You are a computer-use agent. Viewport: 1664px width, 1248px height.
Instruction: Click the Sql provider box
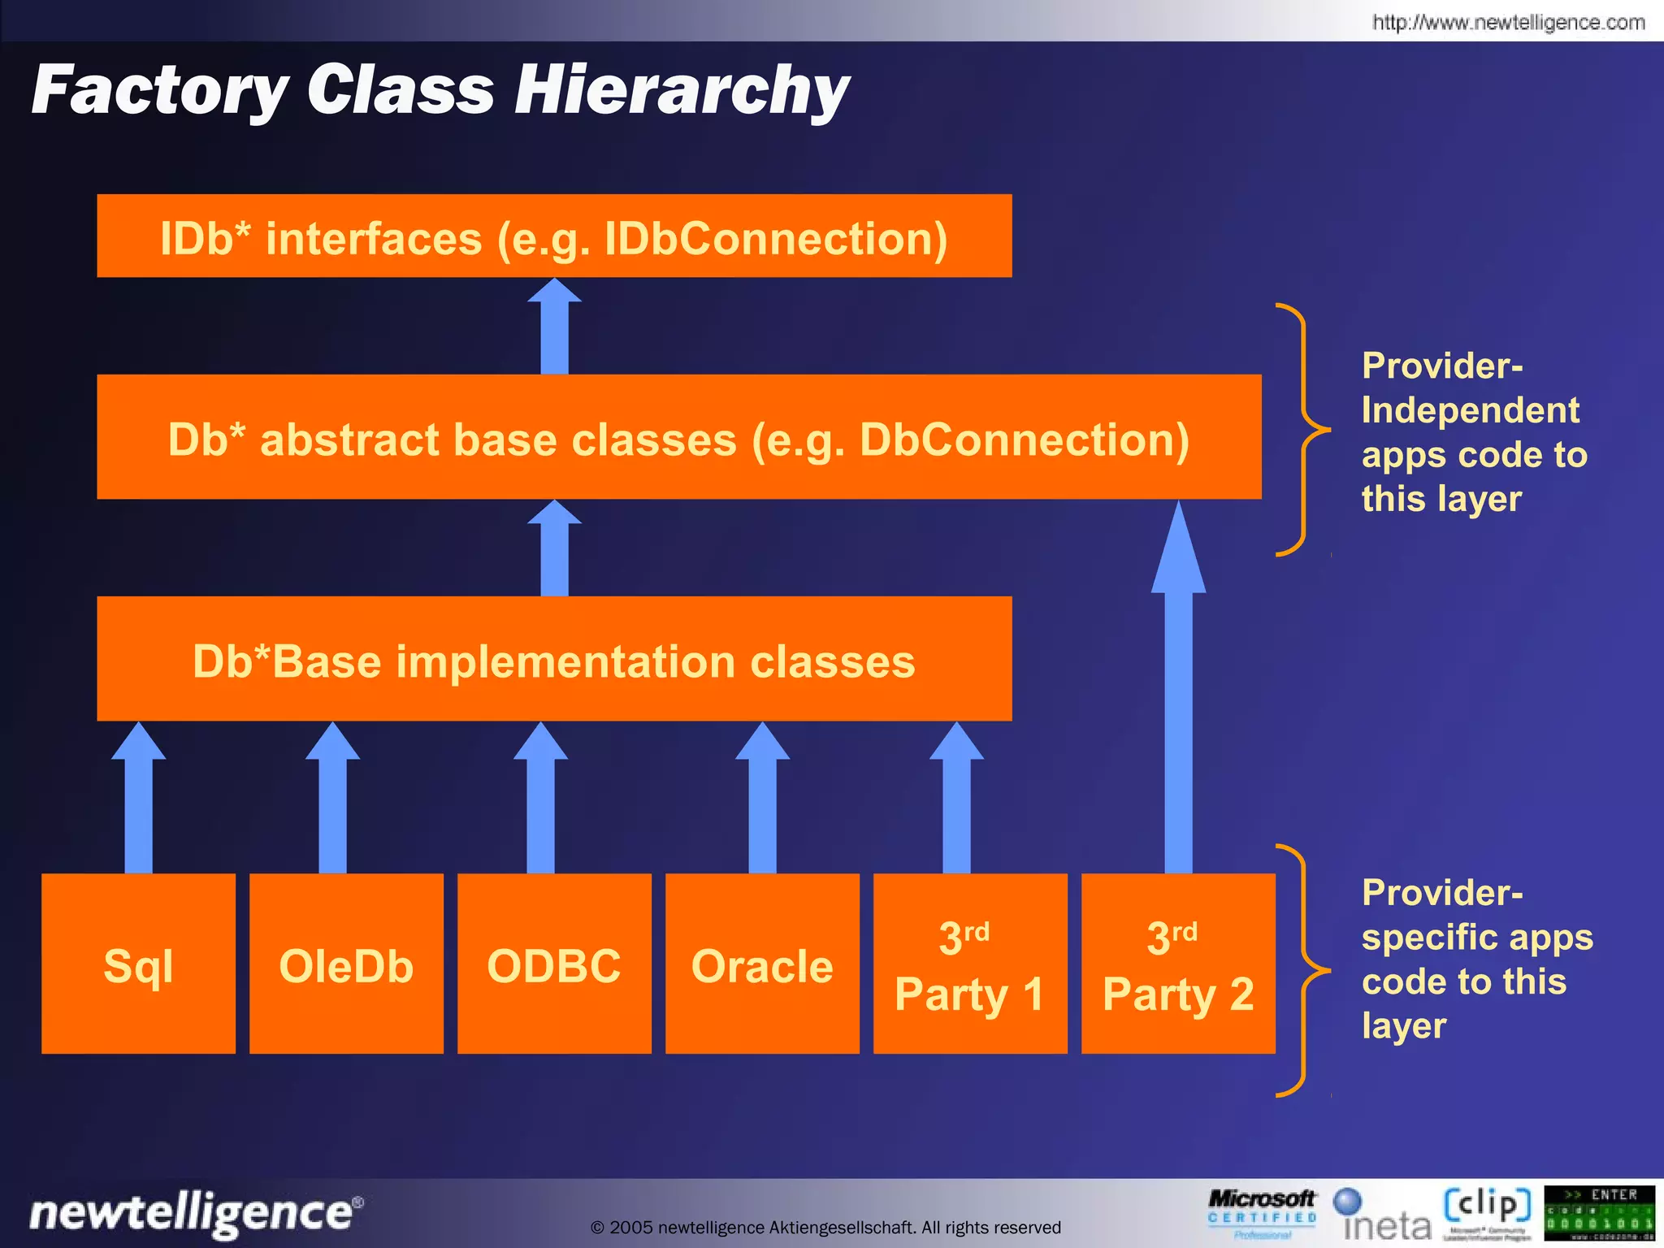[138, 964]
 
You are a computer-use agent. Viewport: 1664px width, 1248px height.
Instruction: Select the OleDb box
[346, 964]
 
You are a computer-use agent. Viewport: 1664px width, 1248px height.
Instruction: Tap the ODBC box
[554, 964]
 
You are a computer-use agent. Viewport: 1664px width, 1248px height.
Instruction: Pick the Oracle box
[762, 964]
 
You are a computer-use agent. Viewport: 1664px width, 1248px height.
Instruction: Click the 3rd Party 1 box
[970, 964]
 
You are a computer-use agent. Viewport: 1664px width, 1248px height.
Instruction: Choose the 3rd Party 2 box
[1178, 964]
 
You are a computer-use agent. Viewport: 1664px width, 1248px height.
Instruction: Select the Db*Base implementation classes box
[554, 659]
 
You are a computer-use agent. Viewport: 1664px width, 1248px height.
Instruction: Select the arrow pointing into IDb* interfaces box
[554, 329]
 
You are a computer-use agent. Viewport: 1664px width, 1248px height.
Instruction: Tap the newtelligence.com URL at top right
[1508, 22]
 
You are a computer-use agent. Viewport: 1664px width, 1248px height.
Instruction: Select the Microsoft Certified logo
[1262, 1212]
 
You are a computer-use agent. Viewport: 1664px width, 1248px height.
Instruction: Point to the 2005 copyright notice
[825, 1227]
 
